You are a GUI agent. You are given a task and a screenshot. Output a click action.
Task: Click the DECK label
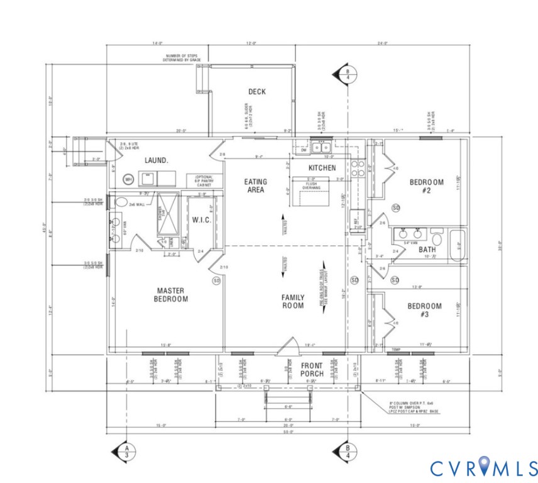(x=256, y=92)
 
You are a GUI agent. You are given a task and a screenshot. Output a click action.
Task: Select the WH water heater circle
(x=129, y=180)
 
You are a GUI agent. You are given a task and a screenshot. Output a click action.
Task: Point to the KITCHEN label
(x=322, y=169)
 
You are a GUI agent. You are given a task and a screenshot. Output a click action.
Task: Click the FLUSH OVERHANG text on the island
(x=312, y=186)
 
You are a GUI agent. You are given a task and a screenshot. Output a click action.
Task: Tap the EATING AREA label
(x=256, y=186)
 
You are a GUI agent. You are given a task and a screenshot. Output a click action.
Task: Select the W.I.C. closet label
(x=201, y=220)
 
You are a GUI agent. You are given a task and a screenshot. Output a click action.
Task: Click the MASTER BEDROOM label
(x=172, y=295)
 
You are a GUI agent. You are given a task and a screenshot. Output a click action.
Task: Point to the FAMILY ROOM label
(x=293, y=302)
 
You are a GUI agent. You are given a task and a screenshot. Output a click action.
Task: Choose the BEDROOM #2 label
(x=426, y=186)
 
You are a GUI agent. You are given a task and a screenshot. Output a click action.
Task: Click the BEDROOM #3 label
(x=424, y=310)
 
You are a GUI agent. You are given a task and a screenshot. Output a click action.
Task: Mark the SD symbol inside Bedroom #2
(x=396, y=208)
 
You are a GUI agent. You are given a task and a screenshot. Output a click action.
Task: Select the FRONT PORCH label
(x=312, y=370)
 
